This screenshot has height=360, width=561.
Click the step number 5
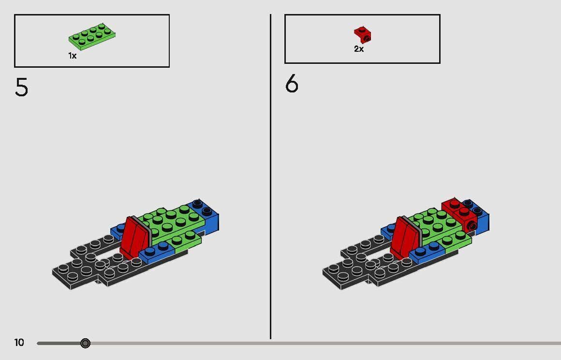pos(22,88)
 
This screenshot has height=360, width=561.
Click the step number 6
pos(292,85)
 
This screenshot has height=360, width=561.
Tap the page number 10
pos(19,343)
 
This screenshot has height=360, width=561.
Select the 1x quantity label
pos(73,56)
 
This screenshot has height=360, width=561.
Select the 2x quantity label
pos(359,49)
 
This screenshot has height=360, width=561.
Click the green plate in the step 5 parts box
pos(92,36)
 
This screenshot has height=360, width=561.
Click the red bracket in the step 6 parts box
pos(362,34)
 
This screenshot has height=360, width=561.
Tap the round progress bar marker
pos(85,343)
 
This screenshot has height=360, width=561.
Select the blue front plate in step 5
pos(157,253)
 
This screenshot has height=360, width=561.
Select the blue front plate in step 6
pos(428,253)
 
